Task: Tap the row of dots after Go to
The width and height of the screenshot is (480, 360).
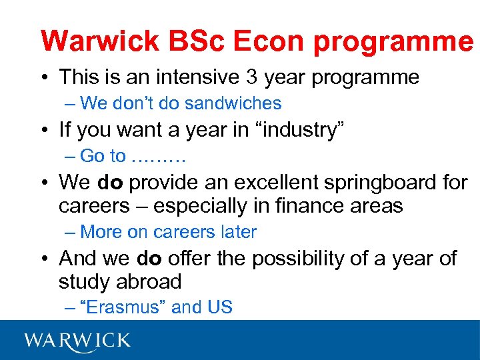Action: coord(159,157)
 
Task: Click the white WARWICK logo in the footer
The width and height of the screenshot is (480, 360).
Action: coord(77,341)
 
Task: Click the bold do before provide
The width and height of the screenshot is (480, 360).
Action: coord(111,182)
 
